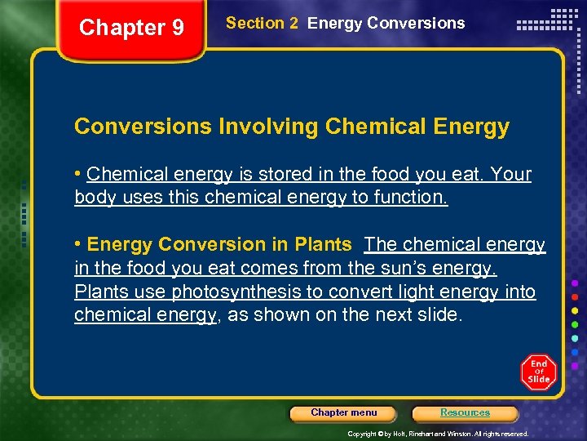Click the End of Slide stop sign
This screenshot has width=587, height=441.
pos(538,372)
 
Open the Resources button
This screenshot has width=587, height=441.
pos(465,413)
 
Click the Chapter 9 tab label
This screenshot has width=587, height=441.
pos(131,28)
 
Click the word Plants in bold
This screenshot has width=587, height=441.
pos(324,244)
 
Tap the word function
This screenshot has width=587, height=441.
pos(415,198)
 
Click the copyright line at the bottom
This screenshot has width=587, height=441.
pos(438,434)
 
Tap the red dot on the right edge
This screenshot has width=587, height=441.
pos(576,296)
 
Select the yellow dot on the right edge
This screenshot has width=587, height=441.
pos(576,310)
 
